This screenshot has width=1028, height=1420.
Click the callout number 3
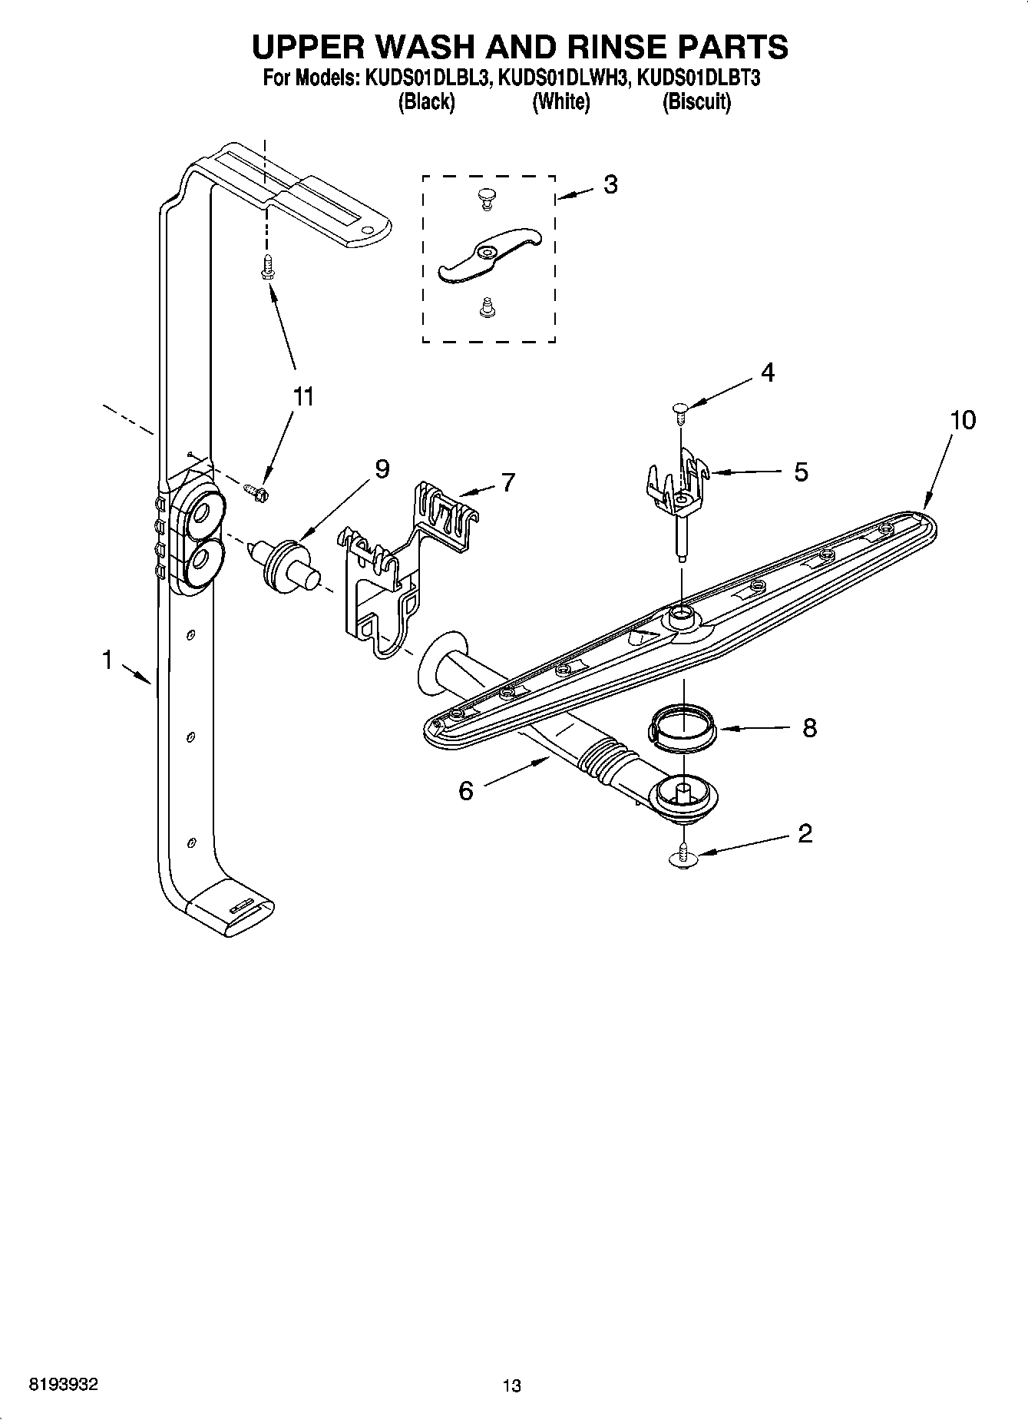pos(610,184)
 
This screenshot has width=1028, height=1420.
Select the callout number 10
pos(963,420)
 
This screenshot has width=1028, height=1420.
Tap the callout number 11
pos(303,397)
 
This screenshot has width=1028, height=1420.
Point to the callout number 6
pos(466,790)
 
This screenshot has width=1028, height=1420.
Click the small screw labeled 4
pos(679,412)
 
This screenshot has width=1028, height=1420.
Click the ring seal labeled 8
pos(683,727)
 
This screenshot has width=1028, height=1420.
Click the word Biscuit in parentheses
pos(696,102)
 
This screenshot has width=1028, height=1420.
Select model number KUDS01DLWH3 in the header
pos(563,78)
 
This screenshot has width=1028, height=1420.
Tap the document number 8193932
pos(63,1385)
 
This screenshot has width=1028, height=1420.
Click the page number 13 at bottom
pos(511,1385)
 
